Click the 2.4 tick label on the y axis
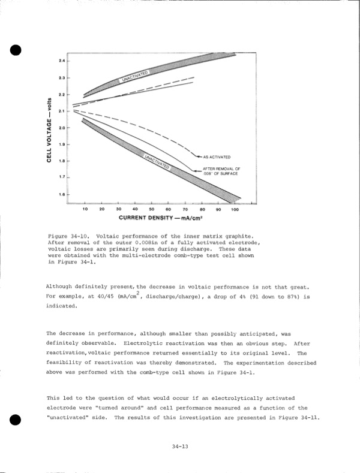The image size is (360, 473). point(61,62)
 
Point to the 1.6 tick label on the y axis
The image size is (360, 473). point(61,195)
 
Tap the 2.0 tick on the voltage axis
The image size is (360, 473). point(61,128)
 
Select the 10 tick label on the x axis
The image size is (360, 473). point(85,209)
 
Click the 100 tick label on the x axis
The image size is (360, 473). point(235,209)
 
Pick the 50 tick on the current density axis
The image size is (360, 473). point(151,209)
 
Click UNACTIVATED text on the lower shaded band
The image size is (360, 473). point(158,160)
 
